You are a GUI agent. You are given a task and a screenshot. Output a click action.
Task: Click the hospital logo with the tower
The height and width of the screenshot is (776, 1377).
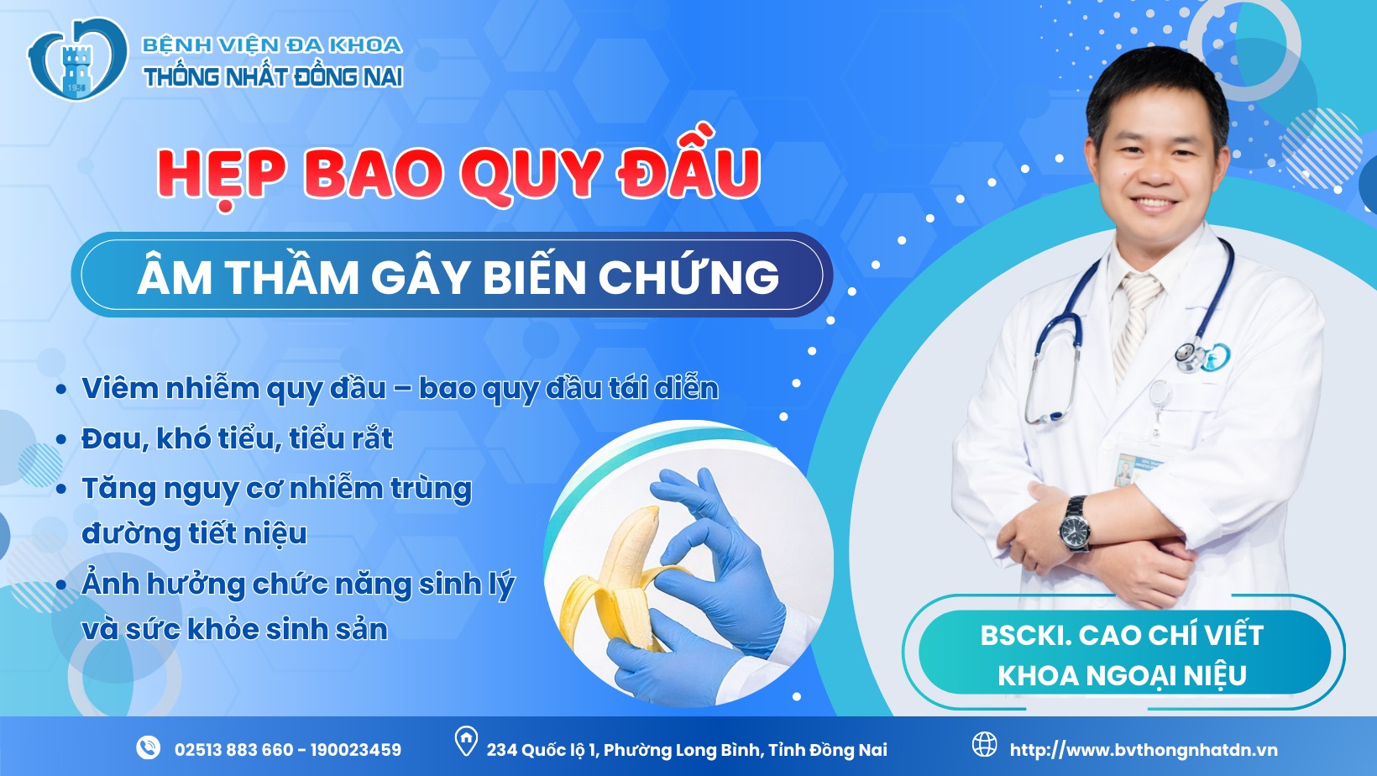point(77,59)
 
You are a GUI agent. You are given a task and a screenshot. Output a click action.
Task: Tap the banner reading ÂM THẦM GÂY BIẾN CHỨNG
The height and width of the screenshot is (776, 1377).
point(453,275)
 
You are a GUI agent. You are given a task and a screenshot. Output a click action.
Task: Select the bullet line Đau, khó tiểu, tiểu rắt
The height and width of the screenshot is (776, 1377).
point(237,439)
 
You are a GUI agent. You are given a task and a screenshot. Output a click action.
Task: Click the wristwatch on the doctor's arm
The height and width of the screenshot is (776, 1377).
point(1075,522)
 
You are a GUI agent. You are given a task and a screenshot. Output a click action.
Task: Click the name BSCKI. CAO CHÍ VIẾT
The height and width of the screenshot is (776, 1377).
point(1122,635)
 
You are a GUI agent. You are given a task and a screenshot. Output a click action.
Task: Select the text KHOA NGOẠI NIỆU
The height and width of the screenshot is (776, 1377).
point(1122,675)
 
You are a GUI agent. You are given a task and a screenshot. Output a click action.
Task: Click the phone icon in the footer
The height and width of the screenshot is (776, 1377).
point(148,747)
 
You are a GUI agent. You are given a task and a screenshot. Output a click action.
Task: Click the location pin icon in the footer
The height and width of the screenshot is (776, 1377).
point(466,742)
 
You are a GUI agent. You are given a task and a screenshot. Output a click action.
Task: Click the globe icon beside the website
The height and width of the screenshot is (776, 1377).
point(984,745)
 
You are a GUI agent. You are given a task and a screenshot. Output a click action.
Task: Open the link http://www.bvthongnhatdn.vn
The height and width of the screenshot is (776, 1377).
point(1144,750)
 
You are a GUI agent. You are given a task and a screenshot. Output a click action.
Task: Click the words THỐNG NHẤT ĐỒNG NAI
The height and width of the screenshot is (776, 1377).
point(273,77)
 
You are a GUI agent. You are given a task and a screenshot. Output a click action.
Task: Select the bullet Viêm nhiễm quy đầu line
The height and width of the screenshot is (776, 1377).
point(400,389)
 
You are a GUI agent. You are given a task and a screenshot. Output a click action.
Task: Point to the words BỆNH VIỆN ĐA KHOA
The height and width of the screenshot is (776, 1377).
point(272,45)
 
